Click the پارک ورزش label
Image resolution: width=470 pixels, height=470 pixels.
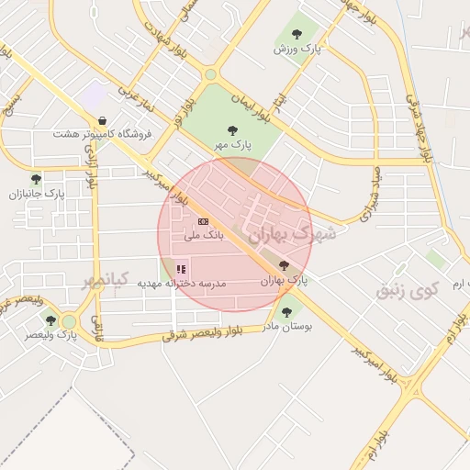pos(299,49)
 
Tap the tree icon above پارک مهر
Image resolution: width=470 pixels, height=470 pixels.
pos(232,130)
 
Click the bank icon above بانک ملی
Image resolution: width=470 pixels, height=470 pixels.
pos(203,221)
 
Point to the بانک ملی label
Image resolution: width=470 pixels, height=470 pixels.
pos(203,236)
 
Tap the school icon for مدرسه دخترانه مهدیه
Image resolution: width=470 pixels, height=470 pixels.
pos(181,269)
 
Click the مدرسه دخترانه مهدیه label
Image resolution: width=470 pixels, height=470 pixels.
pos(182,284)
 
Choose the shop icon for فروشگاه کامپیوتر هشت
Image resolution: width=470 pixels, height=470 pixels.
pos(102,120)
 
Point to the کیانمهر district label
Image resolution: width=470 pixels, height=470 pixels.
pos(101,279)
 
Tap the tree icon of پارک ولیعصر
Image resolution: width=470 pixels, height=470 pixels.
pos(50,320)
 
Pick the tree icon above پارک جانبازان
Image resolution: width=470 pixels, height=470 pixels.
pos(36,179)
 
